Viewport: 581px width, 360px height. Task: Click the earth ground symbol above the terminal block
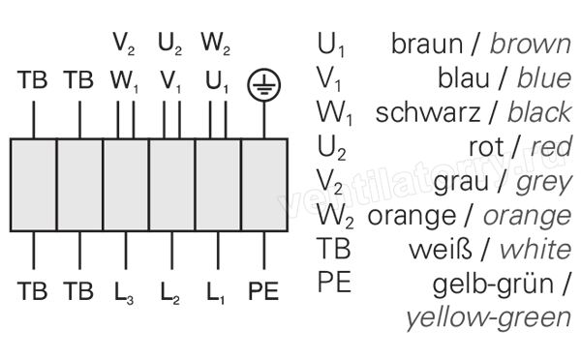click(x=263, y=85)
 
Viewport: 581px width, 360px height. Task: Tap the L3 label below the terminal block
click(x=124, y=292)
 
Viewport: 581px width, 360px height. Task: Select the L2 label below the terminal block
click(x=170, y=292)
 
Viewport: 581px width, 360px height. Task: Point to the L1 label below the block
click(x=216, y=292)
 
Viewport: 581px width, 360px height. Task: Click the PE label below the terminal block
click(x=263, y=290)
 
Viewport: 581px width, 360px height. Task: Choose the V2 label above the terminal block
click(x=124, y=44)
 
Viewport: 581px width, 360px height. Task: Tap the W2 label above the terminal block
click(x=216, y=44)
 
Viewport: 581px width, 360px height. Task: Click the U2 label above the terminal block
click(x=170, y=44)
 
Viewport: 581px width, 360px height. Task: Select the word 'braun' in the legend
click(x=427, y=44)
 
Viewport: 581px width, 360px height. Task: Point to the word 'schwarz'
click(x=428, y=112)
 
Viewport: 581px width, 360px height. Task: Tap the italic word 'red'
click(x=551, y=147)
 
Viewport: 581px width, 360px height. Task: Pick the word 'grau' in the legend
click(x=461, y=182)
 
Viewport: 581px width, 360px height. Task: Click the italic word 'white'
click(x=535, y=250)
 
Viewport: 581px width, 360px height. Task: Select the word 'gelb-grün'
click(x=493, y=285)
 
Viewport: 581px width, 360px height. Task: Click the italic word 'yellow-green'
click(x=489, y=318)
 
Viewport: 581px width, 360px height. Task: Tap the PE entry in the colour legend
click(x=334, y=283)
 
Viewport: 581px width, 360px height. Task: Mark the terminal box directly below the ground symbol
click(x=264, y=185)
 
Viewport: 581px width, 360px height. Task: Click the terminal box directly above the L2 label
click(x=172, y=185)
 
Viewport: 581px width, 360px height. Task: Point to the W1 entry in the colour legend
click(x=334, y=113)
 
